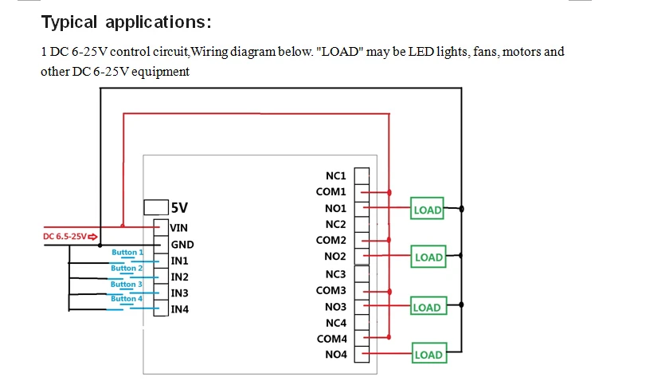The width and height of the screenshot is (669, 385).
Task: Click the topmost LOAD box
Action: pyautogui.click(x=428, y=210)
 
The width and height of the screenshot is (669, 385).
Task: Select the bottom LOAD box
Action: pyautogui.click(x=428, y=355)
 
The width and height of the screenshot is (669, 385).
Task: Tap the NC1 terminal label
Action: pyautogui.click(x=336, y=175)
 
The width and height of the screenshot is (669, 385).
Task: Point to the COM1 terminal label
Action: pyautogui.click(x=331, y=192)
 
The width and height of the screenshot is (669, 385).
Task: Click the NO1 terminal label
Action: pyautogui.click(x=336, y=208)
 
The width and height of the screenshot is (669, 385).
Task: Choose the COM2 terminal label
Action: pyautogui.click(x=331, y=240)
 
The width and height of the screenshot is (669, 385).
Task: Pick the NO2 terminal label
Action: pyautogui.click(x=336, y=257)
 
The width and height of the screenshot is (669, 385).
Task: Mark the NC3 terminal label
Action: pyautogui.click(x=336, y=273)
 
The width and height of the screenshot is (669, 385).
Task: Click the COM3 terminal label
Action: pyautogui.click(x=331, y=290)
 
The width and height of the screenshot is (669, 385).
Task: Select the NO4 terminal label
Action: pyautogui.click(x=336, y=355)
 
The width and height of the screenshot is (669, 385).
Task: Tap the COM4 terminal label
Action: pyautogui.click(x=331, y=339)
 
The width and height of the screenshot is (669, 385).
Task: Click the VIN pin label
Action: pyautogui.click(x=180, y=228)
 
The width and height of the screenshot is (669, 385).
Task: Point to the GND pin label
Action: pyautogui.click(x=182, y=245)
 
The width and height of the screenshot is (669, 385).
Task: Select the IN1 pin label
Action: pyautogui.click(x=180, y=261)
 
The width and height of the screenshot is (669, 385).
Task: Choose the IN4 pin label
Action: pyautogui.click(x=180, y=309)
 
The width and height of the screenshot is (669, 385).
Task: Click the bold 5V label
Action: pyautogui.click(x=180, y=208)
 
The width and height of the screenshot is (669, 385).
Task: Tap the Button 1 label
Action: pyautogui.click(x=127, y=253)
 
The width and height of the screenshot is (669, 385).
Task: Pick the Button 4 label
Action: pyautogui.click(x=127, y=299)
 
